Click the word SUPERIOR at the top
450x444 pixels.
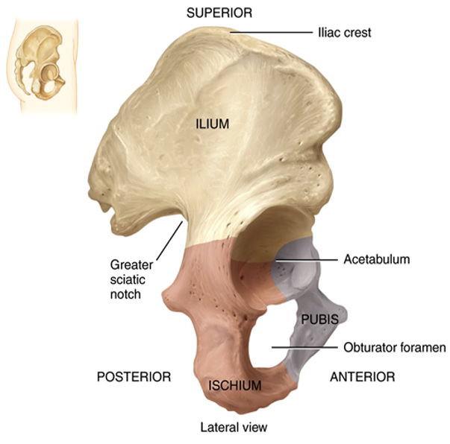(219, 13)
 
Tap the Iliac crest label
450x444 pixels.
(344, 33)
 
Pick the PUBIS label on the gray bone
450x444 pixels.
(320, 319)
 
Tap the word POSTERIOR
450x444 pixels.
(134, 377)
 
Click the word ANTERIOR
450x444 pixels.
(362, 377)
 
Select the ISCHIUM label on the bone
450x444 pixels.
(235, 386)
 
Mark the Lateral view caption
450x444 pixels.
(233, 428)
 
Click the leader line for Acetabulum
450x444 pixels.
(310, 259)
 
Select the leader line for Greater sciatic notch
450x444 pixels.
(173, 238)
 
